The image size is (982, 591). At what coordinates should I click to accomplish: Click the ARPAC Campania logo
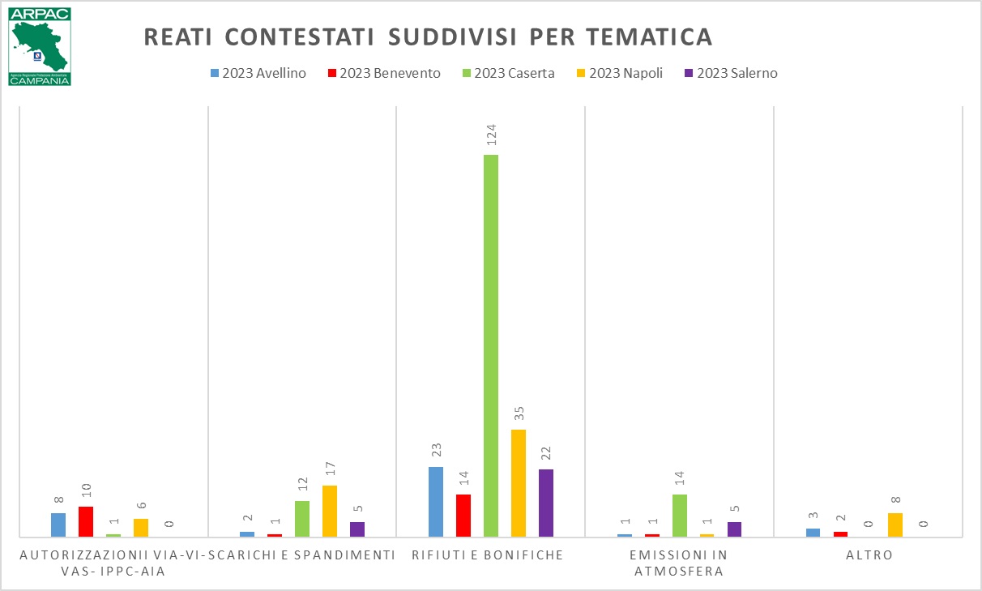40,47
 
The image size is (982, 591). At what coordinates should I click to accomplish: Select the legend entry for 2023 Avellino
257,73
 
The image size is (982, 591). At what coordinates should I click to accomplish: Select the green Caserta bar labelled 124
491,345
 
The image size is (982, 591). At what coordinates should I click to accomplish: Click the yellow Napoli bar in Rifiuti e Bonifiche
519,482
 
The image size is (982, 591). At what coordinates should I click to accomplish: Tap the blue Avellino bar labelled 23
436,501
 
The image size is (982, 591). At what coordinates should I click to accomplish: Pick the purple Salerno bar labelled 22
546,503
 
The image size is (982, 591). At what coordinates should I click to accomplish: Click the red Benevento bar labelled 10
86,521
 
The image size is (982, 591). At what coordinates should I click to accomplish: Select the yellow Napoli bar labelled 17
330,511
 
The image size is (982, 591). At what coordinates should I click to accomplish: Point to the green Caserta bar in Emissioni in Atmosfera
680,515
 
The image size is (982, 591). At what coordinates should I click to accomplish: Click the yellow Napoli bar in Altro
895,525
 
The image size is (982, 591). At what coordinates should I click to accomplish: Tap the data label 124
491,135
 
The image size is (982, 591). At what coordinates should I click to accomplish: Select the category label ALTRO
868,555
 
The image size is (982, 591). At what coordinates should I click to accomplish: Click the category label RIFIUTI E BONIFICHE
487,555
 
